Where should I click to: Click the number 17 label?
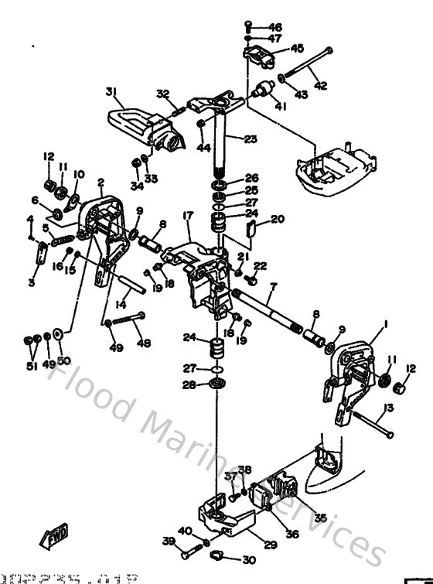187,215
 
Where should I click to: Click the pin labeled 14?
131,278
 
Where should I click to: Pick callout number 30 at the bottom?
248,561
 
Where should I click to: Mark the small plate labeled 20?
250,227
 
